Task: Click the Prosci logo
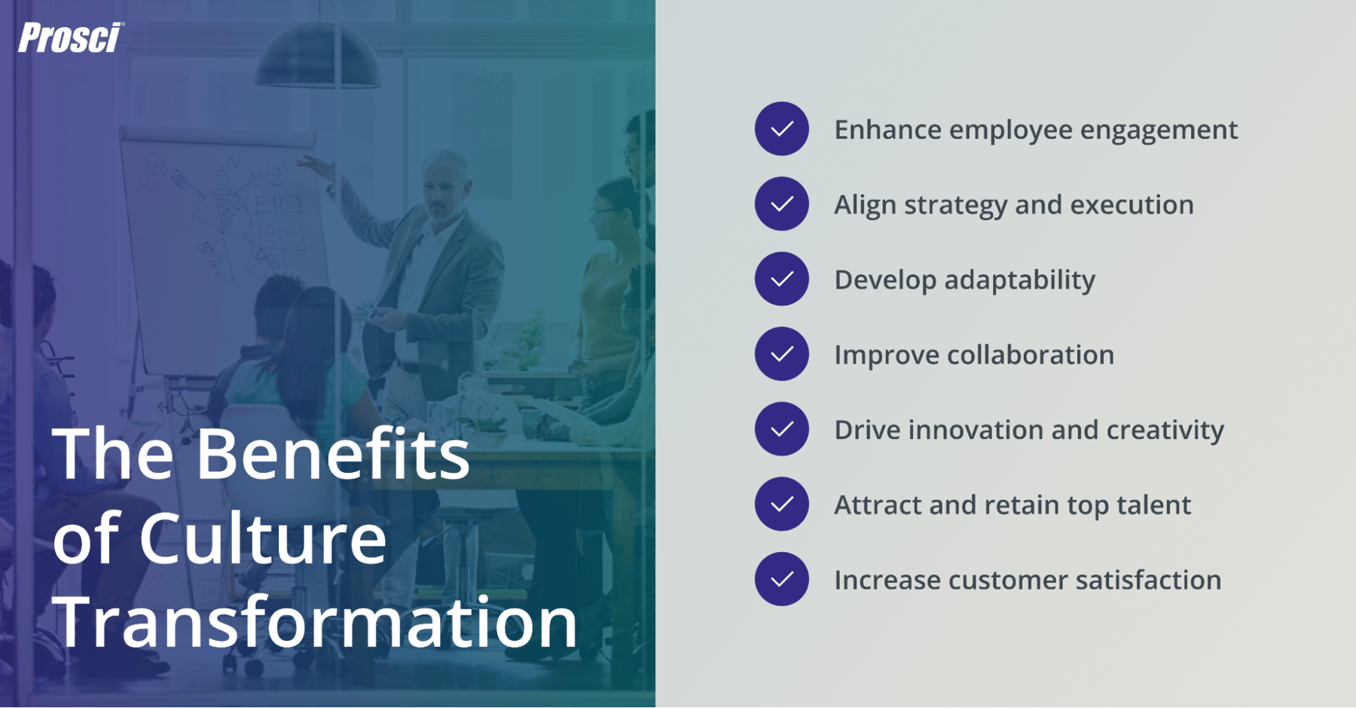[x=70, y=38]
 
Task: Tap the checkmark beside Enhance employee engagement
[x=781, y=129]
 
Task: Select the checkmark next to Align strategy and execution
[x=781, y=203]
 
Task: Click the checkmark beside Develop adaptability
[x=781, y=279]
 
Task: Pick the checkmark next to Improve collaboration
[x=781, y=354]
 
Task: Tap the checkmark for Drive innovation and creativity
[x=781, y=429]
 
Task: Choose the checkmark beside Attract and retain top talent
[x=781, y=504]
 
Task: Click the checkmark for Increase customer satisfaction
[x=781, y=579]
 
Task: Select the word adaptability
[x=1019, y=280]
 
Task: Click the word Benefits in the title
[x=332, y=454]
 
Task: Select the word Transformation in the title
[x=315, y=622]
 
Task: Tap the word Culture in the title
[x=263, y=539]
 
